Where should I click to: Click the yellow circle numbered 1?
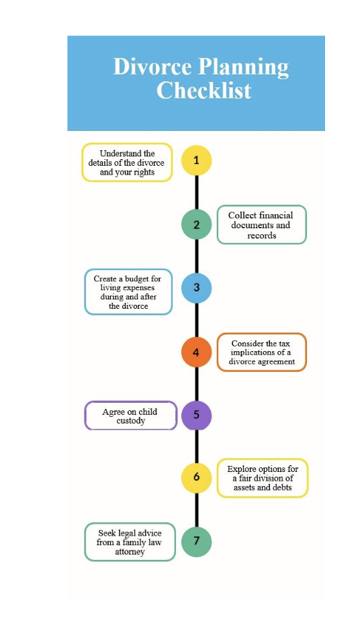pyautogui.click(x=196, y=160)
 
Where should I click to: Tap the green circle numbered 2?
pyautogui.click(x=196, y=224)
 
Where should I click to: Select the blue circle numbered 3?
pyautogui.click(x=196, y=287)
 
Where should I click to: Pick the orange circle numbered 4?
pyautogui.click(x=196, y=352)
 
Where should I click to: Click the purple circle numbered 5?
pyautogui.click(x=196, y=415)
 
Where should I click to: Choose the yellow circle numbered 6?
pyautogui.click(x=196, y=477)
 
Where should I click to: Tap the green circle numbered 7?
pyautogui.click(x=196, y=541)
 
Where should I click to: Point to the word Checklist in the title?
pyautogui.click(x=204, y=90)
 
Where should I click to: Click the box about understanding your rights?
pyautogui.click(x=127, y=162)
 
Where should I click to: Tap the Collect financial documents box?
pyautogui.click(x=261, y=225)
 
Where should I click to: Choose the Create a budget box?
pyautogui.click(x=128, y=292)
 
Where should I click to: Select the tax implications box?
pyautogui.click(x=261, y=352)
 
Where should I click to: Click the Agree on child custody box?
pyautogui.click(x=131, y=416)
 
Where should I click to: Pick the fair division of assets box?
pyautogui.click(x=262, y=478)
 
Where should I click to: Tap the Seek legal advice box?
pyautogui.click(x=130, y=542)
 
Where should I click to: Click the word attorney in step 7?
pyautogui.click(x=130, y=552)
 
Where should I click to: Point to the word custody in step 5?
pyautogui.click(x=131, y=421)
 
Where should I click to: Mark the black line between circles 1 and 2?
pyautogui.click(x=196, y=193)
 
